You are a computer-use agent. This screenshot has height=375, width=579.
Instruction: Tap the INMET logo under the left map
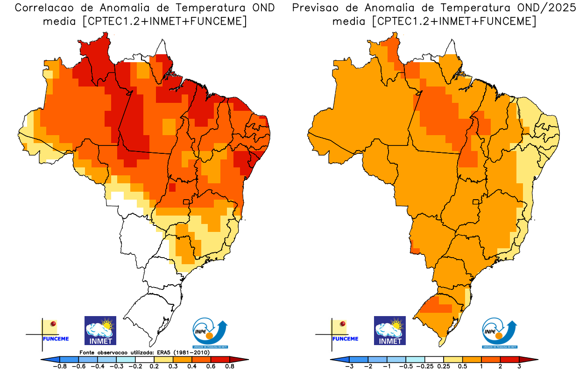[x=100, y=330]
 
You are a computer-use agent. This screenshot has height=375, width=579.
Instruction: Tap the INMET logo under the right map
[x=390, y=330]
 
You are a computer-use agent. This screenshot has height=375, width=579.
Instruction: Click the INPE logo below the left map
[x=210, y=333]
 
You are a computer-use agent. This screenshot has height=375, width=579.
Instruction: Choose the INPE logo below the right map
[x=499, y=333]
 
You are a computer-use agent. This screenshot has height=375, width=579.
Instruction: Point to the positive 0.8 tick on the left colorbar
[x=229, y=367]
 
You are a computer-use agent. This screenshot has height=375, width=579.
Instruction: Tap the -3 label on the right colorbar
[x=349, y=367]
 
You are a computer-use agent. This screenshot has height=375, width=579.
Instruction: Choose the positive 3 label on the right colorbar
[x=519, y=367]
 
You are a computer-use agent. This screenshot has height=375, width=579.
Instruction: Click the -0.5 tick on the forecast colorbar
[x=406, y=367]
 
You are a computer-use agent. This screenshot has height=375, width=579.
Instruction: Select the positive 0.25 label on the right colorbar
[x=444, y=367]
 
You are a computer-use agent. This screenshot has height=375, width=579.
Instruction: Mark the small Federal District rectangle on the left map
[x=186, y=202]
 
